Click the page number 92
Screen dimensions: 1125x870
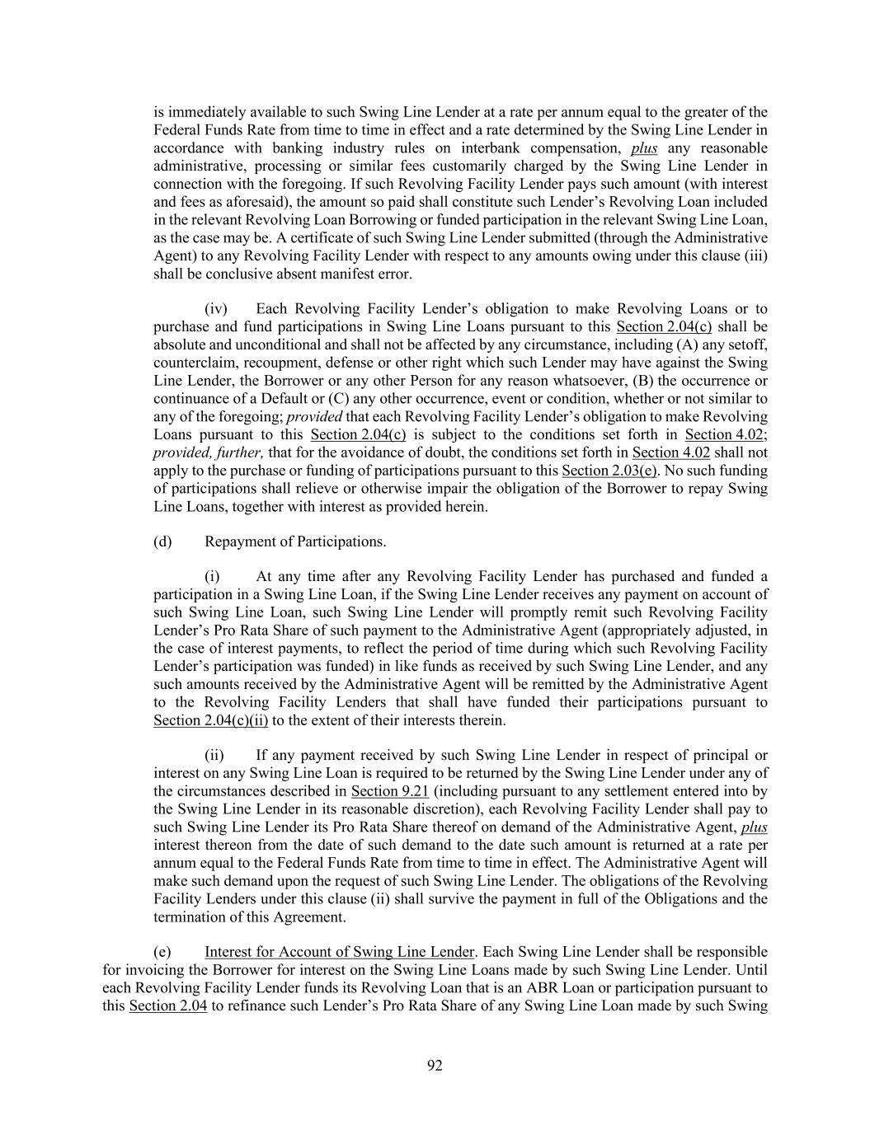pos(435,1066)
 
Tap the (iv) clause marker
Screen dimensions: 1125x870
pos(216,309)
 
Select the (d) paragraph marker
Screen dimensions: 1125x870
pos(162,541)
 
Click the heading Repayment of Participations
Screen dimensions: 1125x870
pos(295,541)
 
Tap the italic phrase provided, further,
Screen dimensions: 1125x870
pos(209,452)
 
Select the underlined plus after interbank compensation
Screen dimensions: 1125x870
pos(644,148)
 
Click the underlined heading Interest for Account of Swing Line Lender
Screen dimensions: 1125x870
pos(340,952)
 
